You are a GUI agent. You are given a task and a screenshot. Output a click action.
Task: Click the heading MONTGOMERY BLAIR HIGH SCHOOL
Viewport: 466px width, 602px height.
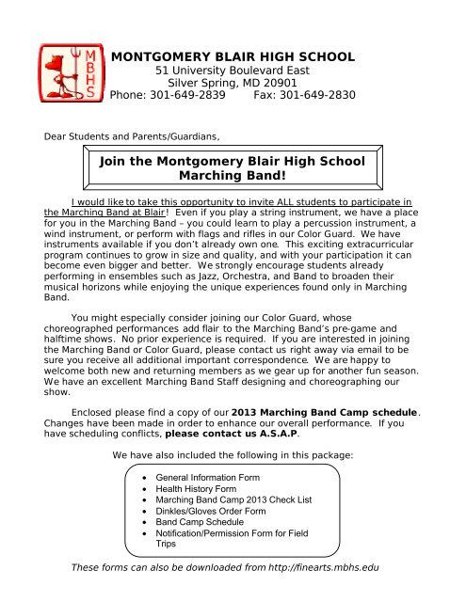pyautogui.click(x=233, y=58)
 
